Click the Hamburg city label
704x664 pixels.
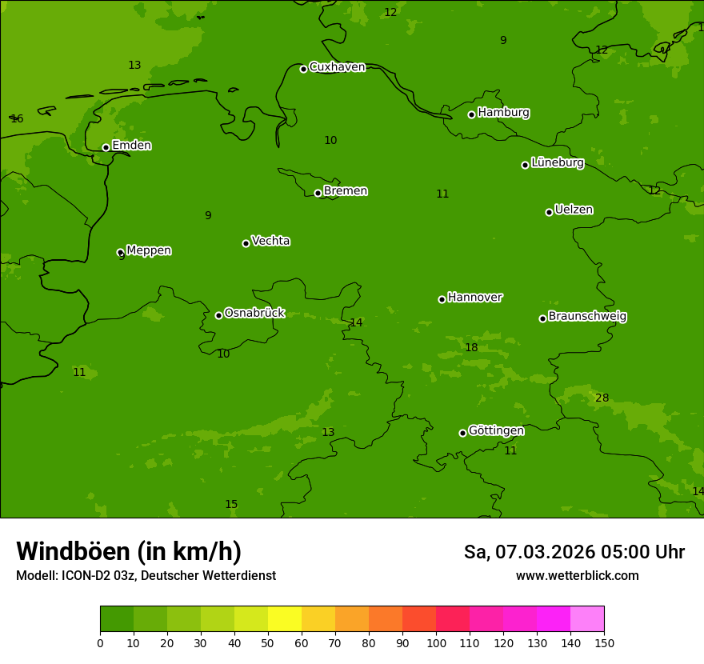pos(503,113)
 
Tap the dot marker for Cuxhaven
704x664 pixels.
pos(303,69)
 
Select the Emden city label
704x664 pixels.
pos(131,146)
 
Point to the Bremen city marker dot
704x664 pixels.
pos(318,193)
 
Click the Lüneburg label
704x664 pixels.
pos(557,162)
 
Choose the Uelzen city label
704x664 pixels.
pos(574,210)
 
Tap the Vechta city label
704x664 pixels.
pos(270,241)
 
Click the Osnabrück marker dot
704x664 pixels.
pos(218,315)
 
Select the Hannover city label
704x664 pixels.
pos(474,298)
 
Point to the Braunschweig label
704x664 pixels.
pos(587,317)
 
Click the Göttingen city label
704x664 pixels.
pos(496,430)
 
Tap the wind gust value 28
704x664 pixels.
pos(602,398)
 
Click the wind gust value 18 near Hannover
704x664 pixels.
pos(471,347)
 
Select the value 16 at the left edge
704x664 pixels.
pos(17,119)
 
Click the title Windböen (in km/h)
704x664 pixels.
pos(129,551)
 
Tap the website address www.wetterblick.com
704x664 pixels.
pos(577,576)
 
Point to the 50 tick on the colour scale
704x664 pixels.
pos(268,642)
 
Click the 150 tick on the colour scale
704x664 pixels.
pos(604,642)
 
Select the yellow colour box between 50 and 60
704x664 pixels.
pos(285,618)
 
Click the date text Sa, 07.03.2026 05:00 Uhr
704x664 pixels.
pos(574,552)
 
